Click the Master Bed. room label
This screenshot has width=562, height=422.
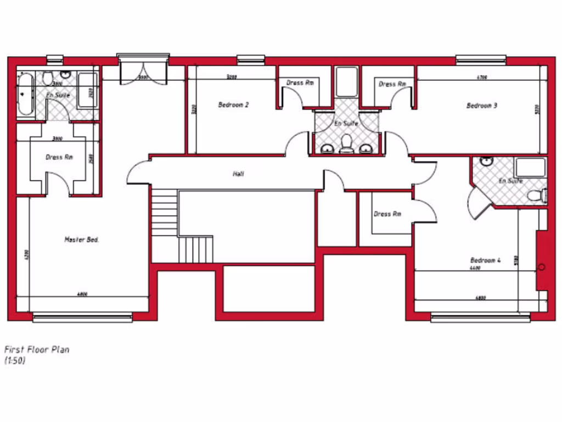point(82,240)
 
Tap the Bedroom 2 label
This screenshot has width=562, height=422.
point(233,104)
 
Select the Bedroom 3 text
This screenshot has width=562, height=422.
point(482,105)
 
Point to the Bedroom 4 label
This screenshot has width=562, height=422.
point(486,260)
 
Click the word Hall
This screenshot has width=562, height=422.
point(238,174)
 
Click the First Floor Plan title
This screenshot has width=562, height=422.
point(37,349)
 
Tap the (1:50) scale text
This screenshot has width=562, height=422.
point(15,361)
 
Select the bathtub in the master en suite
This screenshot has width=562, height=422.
point(25,95)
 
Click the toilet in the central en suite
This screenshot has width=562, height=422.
point(346,145)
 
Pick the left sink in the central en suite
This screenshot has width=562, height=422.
point(327,148)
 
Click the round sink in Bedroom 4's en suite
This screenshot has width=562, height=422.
point(486,162)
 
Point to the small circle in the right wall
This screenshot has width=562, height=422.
point(542,268)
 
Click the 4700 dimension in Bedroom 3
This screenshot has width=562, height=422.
point(482,77)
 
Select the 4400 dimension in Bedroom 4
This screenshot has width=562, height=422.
point(475,268)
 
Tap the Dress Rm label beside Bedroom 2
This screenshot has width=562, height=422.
point(300,83)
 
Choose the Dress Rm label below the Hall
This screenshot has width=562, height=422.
point(387,214)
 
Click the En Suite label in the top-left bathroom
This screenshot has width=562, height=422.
point(58,96)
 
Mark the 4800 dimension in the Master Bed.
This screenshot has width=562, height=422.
point(83,295)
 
